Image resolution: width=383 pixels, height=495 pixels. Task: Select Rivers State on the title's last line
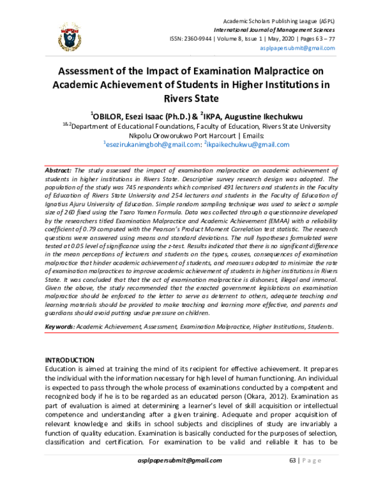point(191,99)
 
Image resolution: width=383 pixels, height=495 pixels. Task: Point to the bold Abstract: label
point(59,172)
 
